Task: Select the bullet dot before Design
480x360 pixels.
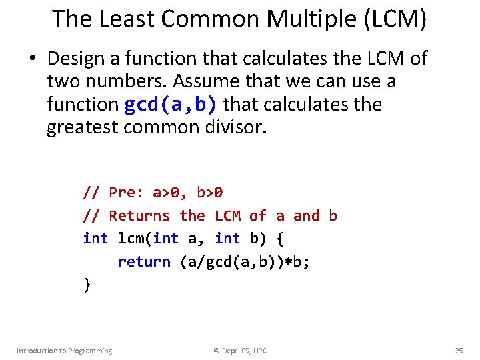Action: coord(31,59)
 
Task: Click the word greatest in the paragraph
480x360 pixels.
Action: coord(83,127)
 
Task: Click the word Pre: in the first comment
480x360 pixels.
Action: coord(127,193)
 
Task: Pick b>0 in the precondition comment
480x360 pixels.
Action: coord(210,193)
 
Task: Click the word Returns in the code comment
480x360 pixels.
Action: coord(139,215)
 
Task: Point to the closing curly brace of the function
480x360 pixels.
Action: coord(87,285)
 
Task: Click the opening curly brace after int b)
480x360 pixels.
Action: coord(280,238)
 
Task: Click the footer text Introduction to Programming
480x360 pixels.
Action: coord(64,351)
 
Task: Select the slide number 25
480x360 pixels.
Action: coord(459,351)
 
